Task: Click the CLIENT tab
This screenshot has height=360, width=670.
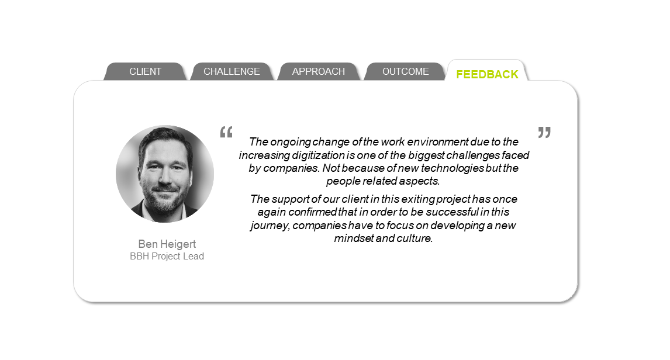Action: [145, 71]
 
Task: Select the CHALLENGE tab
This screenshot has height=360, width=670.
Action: [232, 71]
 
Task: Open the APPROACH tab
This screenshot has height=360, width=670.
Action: [318, 71]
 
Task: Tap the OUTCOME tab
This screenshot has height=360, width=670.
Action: [406, 71]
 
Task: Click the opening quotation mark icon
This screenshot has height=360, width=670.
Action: [226, 132]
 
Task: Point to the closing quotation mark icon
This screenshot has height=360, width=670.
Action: [544, 132]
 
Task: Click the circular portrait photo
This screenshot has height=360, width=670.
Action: [165, 174]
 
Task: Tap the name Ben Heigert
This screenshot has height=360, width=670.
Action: [167, 244]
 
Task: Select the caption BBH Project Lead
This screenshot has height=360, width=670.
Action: [167, 256]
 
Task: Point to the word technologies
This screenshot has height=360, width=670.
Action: [453, 168]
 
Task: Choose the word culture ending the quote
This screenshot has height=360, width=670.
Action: [415, 238]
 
